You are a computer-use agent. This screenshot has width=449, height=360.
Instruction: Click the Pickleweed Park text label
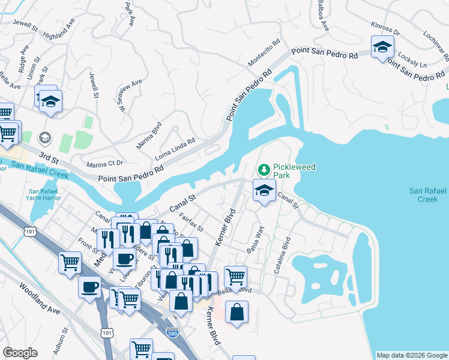[x=294, y=172]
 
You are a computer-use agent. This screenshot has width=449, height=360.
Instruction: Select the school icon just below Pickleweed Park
[x=264, y=191]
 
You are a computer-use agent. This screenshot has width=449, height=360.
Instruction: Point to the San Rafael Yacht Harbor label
[x=43, y=197]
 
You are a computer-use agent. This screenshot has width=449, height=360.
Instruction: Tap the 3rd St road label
[x=46, y=156]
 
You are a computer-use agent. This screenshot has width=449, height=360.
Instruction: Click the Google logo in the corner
[x=20, y=353]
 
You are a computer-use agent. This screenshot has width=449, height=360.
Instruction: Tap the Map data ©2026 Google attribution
[x=412, y=355]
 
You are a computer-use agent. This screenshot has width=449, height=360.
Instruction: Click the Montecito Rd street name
[x=264, y=53]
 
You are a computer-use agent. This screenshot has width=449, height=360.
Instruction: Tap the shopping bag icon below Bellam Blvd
[x=237, y=312]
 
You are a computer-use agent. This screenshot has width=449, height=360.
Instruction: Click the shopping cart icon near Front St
[x=70, y=262]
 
